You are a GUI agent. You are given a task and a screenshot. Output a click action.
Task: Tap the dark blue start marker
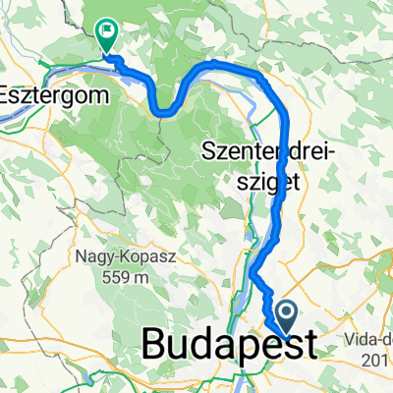click(288, 315)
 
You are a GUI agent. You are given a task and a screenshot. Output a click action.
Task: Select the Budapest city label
click(231, 346)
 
